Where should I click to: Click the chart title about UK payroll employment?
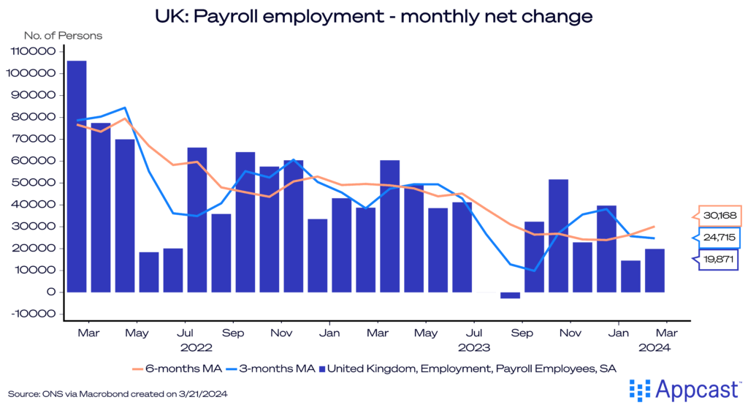pos(373,14)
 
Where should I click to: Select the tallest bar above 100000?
pos(77,175)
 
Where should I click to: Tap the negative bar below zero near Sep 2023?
pos(510,295)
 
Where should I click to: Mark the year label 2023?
pos(473,347)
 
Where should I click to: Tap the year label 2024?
pos(654,347)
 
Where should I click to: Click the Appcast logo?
pos(684,388)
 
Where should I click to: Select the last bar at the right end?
pos(654,270)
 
